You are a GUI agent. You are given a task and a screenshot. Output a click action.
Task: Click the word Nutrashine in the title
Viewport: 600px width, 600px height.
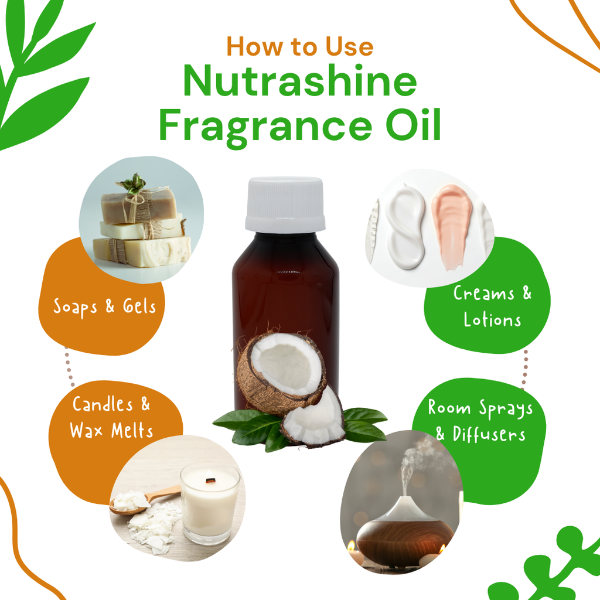point(299,81)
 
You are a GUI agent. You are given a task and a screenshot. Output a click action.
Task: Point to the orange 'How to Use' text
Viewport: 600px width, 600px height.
point(299,47)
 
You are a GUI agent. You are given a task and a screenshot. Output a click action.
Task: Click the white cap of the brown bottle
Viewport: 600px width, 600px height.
point(285,204)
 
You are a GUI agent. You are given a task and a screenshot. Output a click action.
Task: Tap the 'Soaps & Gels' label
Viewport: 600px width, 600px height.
point(104,307)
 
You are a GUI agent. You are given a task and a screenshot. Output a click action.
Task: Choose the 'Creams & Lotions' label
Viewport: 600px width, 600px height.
point(492,306)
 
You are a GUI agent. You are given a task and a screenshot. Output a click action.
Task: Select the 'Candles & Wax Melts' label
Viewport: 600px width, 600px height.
point(111,417)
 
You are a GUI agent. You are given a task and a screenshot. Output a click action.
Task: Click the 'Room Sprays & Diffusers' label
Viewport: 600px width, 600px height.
point(480,421)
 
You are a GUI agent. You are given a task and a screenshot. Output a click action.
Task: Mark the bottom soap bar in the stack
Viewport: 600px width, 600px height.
point(142,251)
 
